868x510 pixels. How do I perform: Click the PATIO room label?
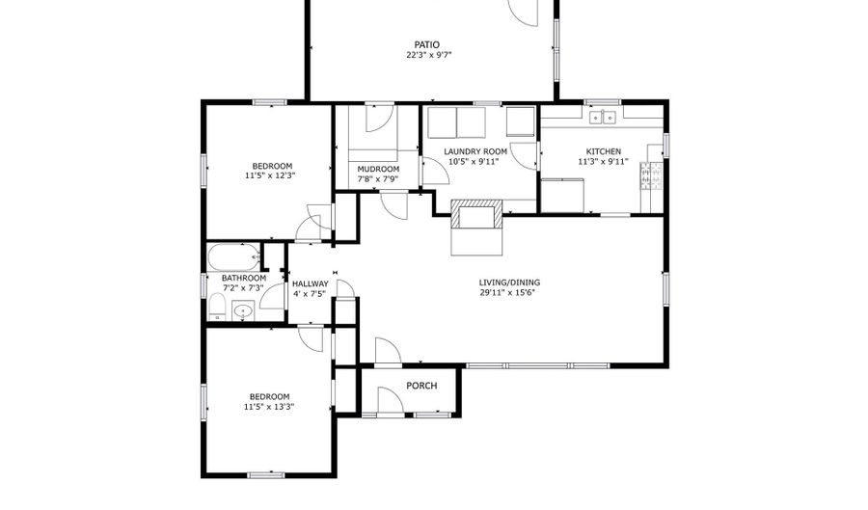pyautogui.click(x=427, y=44)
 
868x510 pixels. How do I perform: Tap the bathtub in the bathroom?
pyautogui.click(x=234, y=256)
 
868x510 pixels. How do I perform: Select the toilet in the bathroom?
pyautogui.click(x=216, y=307)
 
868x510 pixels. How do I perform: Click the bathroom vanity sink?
pyautogui.click(x=242, y=311)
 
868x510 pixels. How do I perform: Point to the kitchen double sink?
pyautogui.click(x=602, y=118)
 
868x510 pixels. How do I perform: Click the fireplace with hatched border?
pyautogui.click(x=476, y=213)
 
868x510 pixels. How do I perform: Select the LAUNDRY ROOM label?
pyautogui.click(x=475, y=151)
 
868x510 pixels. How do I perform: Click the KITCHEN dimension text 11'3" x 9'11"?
pyautogui.click(x=604, y=162)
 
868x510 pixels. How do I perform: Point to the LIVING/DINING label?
pyautogui.click(x=509, y=282)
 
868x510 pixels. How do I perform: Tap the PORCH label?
pyautogui.click(x=421, y=386)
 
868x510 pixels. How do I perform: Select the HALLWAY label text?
pyautogui.click(x=310, y=283)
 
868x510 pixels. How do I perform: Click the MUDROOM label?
pyautogui.click(x=378, y=170)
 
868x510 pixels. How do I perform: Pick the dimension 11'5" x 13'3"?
pyautogui.click(x=269, y=407)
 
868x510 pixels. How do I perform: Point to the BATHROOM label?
pyautogui.click(x=244, y=278)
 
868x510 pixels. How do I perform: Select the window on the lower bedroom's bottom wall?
pyautogui.click(x=266, y=474)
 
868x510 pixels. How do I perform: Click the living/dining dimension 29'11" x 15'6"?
pyautogui.click(x=507, y=293)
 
